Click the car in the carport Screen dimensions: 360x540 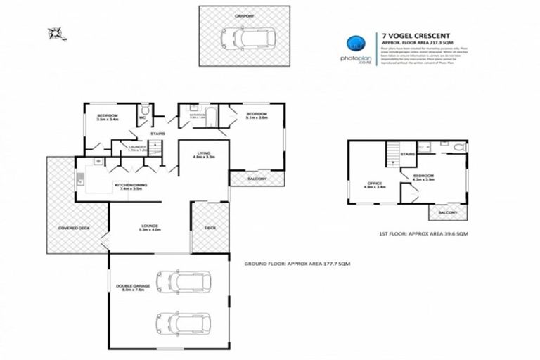(x=239, y=37)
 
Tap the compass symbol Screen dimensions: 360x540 (x=53, y=32)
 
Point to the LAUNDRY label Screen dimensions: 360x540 (x=136, y=147)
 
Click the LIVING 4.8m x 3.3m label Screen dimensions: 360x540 (x=204, y=154)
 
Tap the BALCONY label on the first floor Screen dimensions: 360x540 (x=447, y=212)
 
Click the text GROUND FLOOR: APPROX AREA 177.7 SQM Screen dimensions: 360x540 (x=297, y=263)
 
